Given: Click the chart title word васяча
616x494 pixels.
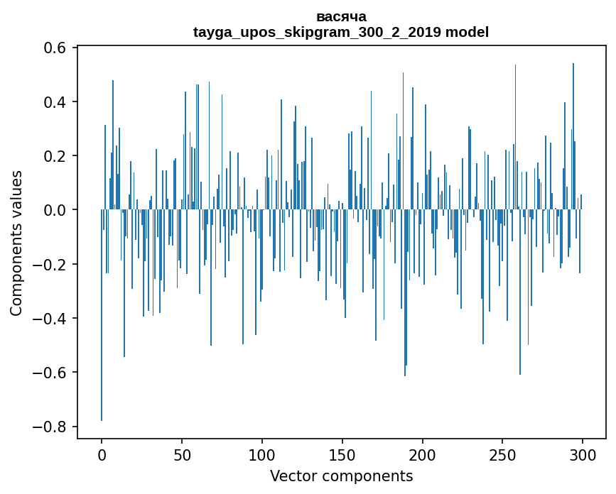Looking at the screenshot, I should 341,16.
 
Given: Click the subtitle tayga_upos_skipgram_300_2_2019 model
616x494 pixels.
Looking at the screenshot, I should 341,32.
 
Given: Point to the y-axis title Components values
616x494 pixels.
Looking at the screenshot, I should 16,243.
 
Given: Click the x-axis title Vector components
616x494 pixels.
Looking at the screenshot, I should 341,476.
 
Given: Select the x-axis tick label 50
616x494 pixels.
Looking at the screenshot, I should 182,454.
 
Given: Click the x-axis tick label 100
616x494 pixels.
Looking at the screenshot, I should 262,454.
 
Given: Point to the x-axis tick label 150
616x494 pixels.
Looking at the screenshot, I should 342,454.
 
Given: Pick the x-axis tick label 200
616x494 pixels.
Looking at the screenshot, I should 423,454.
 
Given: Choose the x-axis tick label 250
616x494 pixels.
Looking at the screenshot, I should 503,454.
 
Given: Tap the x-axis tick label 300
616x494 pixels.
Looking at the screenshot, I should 583,454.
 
